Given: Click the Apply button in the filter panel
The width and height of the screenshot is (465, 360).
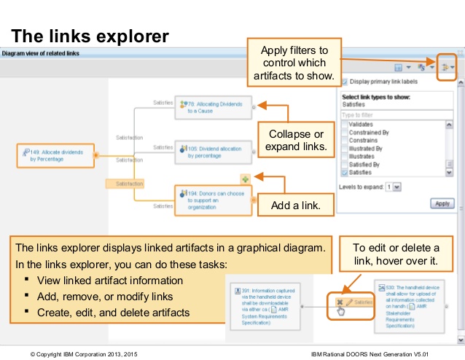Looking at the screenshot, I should (x=442, y=203).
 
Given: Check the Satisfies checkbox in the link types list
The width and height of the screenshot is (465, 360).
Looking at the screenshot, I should (x=345, y=173).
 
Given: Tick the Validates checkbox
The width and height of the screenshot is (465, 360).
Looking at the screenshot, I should (x=345, y=125).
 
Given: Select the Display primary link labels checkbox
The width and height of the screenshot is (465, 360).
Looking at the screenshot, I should (x=345, y=82).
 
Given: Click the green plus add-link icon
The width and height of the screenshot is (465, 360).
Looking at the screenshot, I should (x=246, y=179).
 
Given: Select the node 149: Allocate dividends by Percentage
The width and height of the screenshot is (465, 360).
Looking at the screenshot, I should (x=56, y=154).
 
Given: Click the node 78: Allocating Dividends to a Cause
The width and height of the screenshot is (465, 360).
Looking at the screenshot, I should (x=214, y=108).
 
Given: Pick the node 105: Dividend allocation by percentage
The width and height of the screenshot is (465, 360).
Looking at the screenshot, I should (x=214, y=152).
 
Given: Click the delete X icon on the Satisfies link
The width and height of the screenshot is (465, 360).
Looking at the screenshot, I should (x=339, y=301).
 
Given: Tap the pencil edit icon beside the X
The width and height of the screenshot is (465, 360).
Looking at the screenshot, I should (x=349, y=301).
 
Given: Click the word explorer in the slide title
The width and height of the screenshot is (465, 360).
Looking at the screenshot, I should (x=134, y=35).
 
